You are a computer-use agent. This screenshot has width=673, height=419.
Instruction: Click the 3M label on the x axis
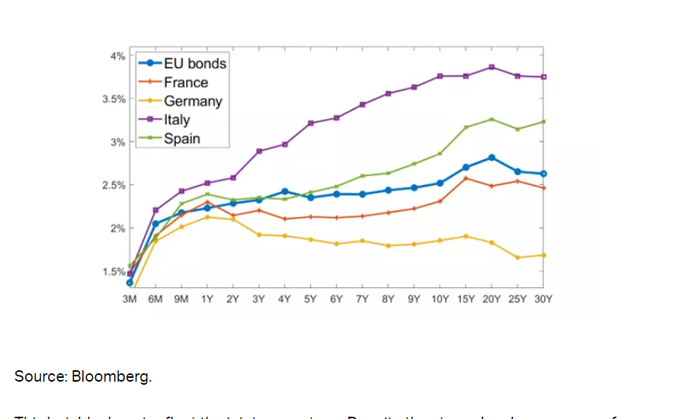(130, 299)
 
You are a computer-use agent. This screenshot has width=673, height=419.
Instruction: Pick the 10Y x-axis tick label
(440, 299)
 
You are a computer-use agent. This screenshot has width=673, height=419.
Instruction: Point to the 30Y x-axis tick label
(543, 299)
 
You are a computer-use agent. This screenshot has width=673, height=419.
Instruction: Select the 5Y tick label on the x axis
(310, 299)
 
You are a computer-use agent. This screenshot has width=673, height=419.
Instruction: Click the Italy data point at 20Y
(492, 67)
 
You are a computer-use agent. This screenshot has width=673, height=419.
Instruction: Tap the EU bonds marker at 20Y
(492, 157)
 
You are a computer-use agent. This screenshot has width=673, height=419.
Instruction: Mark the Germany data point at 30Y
(543, 254)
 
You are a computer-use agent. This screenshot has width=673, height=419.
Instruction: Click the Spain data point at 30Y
(543, 121)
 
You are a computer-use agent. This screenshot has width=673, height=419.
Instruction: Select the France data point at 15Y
(466, 178)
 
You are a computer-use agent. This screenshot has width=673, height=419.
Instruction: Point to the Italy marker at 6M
(155, 209)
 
